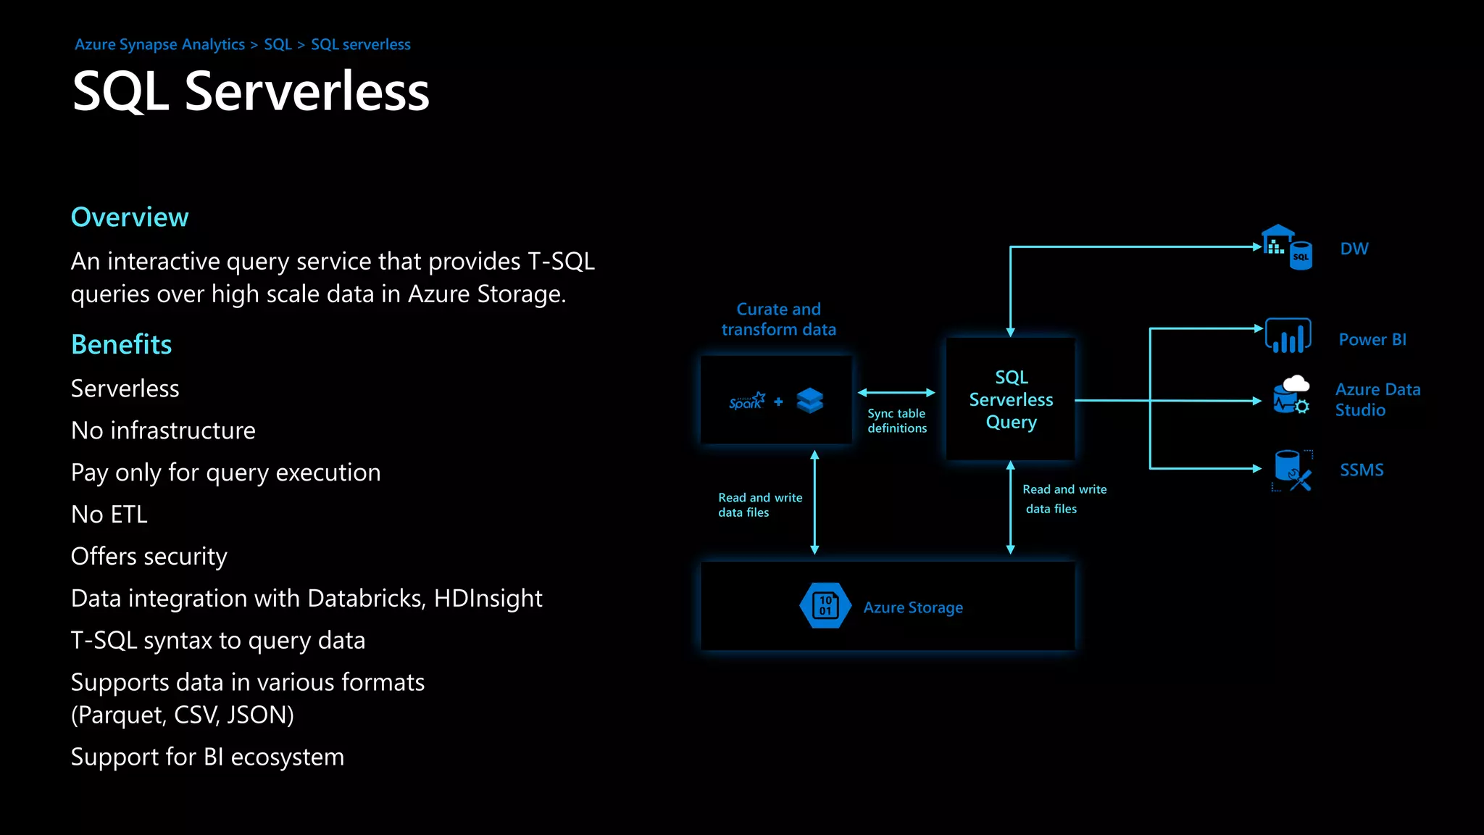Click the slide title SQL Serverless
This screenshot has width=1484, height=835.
coord(251,92)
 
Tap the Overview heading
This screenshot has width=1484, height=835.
coord(130,217)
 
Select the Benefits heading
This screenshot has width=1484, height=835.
coord(121,344)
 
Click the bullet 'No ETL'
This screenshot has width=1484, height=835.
coord(109,515)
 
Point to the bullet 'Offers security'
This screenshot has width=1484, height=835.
coord(149,557)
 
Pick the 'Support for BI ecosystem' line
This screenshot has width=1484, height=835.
coord(207,757)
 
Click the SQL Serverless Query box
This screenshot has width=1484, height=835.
coord(1011,399)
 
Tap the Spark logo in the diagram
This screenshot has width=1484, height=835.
coord(746,401)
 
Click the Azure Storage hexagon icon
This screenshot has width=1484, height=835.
coord(825,606)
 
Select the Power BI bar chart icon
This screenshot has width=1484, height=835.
coord(1288,336)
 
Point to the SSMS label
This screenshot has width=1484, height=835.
coord(1362,470)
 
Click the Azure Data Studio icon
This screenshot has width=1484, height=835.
coord(1291,396)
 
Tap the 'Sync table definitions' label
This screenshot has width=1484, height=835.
coord(897,421)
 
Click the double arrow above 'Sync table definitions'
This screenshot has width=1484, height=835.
coord(896,393)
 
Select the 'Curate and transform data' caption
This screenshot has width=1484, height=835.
coord(778,320)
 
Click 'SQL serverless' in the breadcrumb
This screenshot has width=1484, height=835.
coord(360,45)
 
